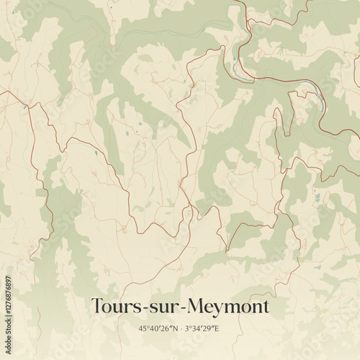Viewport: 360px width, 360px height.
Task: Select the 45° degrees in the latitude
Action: click(144, 329)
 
